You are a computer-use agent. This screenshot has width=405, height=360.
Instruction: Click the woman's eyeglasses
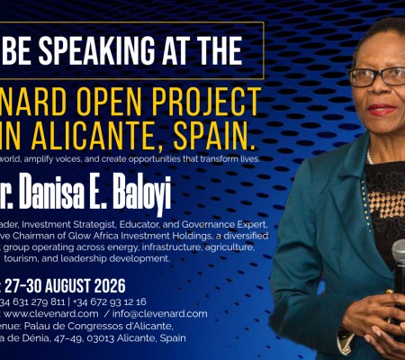point(374,76)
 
